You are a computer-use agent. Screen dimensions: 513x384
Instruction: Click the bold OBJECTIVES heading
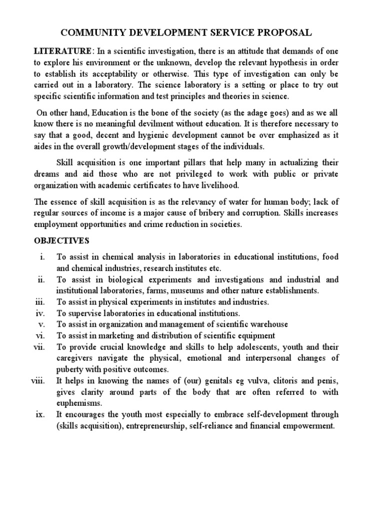pos(61,240)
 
